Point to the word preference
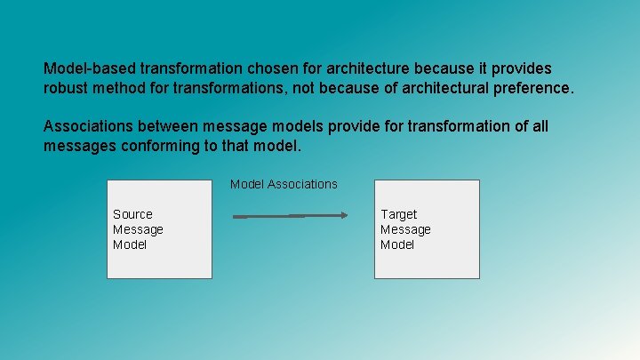tap(534, 89)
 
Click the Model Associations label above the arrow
tap(284, 184)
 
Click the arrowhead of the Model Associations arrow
tap(343, 215)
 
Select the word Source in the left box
tap(132, 214)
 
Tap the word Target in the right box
tap(398, 214)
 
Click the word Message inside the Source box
tap(138, 229)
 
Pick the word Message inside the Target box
tap(405, 229)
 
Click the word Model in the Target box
tap(397, 244)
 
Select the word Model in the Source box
tap(130, 244)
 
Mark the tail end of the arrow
tap(235, 215)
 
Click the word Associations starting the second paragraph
tap(92, 126)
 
